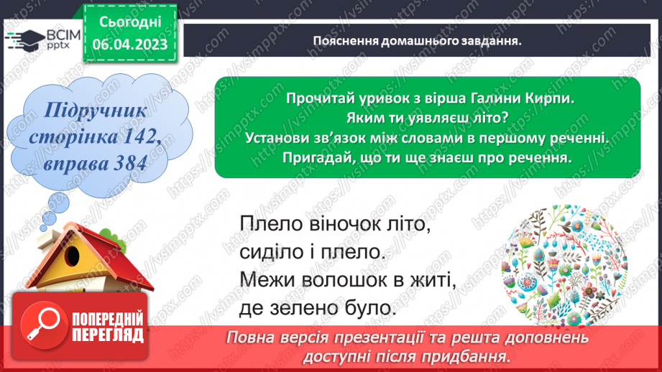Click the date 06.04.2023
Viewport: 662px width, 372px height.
tap(129, 45)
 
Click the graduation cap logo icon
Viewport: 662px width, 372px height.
tap(21, 39)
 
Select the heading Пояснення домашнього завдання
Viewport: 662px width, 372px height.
tap(417, 41)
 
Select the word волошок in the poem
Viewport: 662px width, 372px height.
tap(350, 279)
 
